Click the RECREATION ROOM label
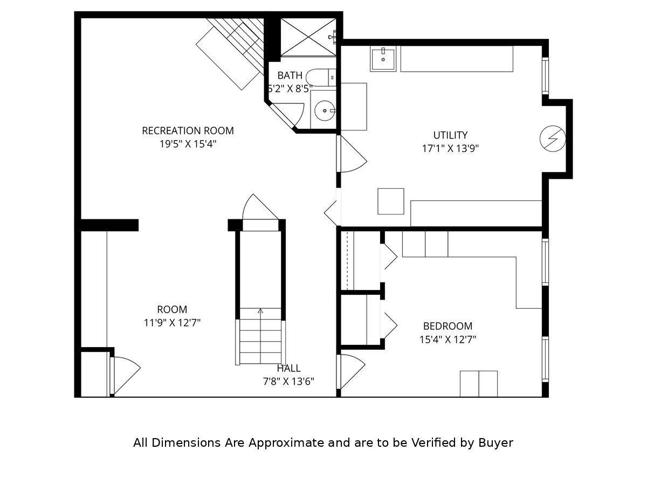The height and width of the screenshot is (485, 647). [x=188, y=130]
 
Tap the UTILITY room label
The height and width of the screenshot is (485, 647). [x=450, y=135]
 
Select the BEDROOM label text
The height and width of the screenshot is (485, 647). [x=448, y=326]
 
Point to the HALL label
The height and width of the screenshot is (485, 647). [x=288, y=368]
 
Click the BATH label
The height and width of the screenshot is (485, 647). [x=290, y=75]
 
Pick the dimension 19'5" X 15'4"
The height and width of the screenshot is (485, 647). [x=188, y=144]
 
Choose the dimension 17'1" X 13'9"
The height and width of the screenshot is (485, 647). [x=450, y=148]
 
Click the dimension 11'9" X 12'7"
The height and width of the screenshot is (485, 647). [x=172, y=323]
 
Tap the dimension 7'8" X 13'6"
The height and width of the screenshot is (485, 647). [x=288, y=382]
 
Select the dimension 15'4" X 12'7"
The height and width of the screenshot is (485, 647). [x=448, y=339]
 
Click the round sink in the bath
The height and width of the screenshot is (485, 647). [x=325, y=110]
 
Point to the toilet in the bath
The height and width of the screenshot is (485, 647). [x=321, y=78]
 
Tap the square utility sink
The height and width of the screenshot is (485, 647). [x=383, y=59]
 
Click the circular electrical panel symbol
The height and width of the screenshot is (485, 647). [x=553, y=138]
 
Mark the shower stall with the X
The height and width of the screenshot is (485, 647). [x=308, y=37]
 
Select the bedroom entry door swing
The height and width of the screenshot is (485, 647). [x=353, y=372]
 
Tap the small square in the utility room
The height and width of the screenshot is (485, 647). [x=390, y=201]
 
